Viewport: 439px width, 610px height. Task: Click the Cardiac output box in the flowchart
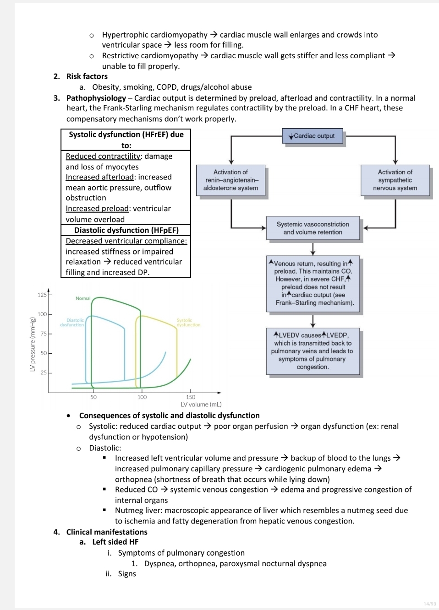[x=313, y=136]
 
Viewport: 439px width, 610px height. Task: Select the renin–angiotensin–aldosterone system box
[x=230, y=180]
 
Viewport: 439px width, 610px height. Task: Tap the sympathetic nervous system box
[x=395, y=180]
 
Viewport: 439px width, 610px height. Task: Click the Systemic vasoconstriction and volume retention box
[x=313, y=228]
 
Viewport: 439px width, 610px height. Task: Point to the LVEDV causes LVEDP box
[x=313, y=351]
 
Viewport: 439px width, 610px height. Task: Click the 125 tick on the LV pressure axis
[x=43, y=295]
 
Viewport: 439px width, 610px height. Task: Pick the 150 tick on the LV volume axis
[x=191, y=397]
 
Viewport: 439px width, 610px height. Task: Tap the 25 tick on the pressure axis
[x=44, y=372]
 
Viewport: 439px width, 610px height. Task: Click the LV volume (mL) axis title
[x=201, y=405]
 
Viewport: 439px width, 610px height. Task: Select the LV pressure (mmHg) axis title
[x=33, y=344]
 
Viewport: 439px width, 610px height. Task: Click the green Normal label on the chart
[x=83, y=298]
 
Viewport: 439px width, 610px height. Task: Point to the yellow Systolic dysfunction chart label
[x=188, y=323]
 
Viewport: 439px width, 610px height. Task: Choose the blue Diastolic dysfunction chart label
[x=72, y=323]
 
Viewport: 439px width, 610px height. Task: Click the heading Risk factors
[x=87, y=76]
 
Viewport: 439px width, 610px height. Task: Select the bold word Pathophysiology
[x=96, y=98]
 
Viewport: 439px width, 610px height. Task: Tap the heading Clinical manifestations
[x=107, y=532]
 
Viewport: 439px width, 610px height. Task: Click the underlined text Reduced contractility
[x=103, y=156]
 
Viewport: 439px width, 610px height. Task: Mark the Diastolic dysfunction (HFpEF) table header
[x=126, y=230]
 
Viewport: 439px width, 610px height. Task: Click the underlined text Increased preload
[x=97, y=209]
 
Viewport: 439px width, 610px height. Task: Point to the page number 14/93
[x=429, y=604]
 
